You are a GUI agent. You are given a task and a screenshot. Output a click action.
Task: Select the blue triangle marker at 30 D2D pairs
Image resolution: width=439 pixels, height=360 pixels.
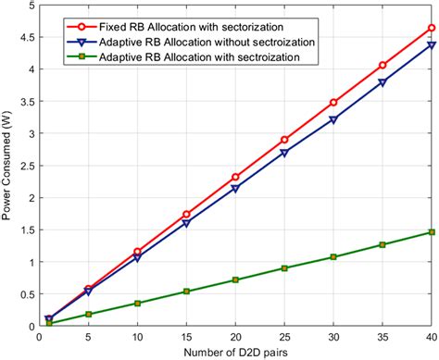(332, 120)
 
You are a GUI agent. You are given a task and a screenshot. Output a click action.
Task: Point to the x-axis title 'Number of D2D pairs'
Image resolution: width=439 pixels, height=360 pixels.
(236, 352)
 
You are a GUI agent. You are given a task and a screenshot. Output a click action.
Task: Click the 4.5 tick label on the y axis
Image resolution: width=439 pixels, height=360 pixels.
(22, 37)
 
